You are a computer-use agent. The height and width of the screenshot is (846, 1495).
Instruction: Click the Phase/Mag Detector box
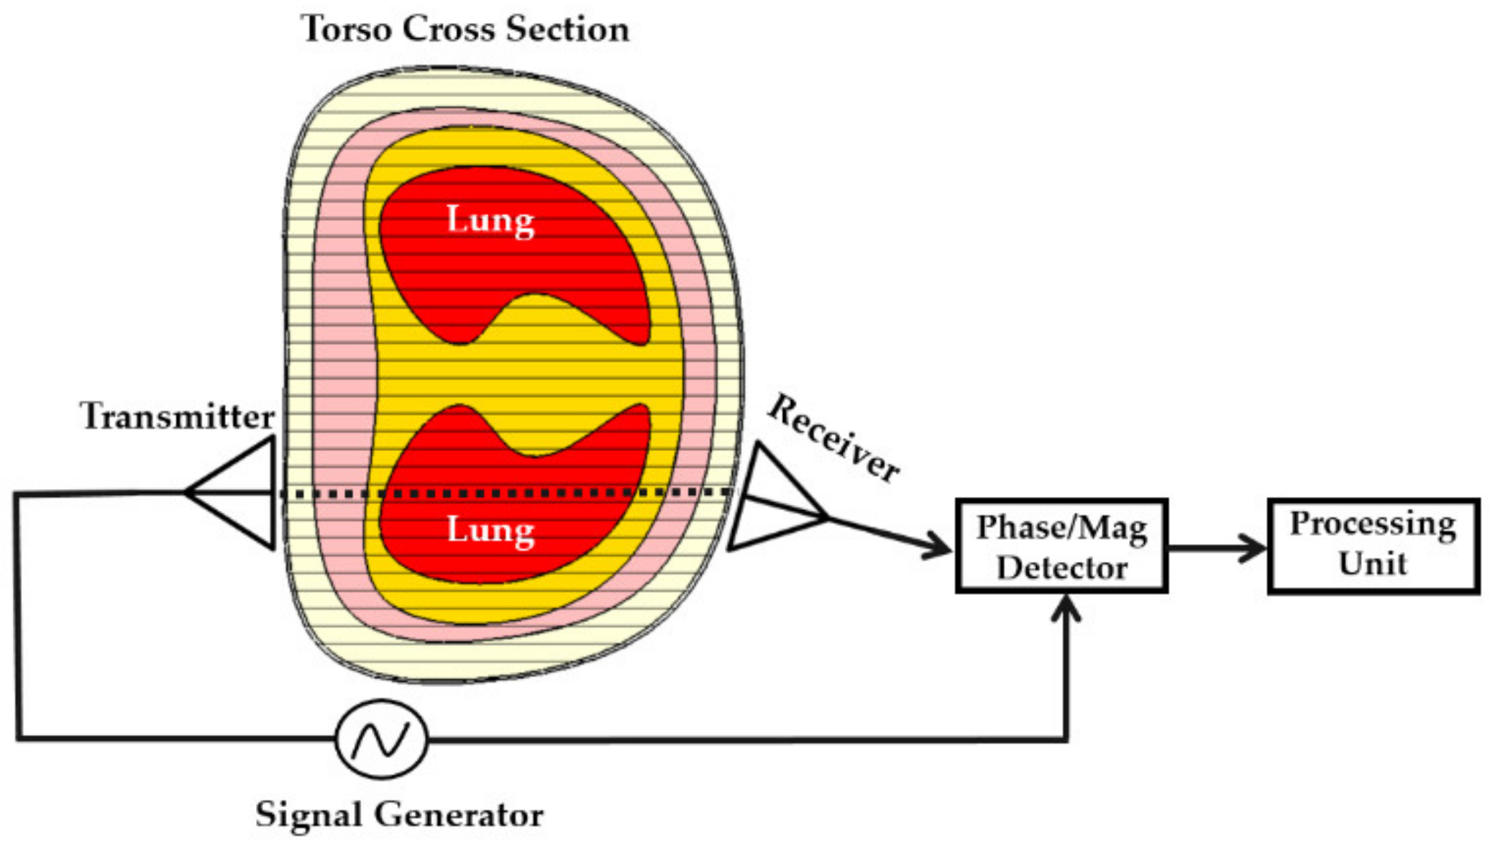coord(1061,546)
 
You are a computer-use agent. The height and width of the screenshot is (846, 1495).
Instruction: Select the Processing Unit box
coord(1372,546)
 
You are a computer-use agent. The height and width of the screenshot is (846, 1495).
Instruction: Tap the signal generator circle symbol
coord(381,739)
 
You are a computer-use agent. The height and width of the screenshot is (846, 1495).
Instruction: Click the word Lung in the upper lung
coord(490,220)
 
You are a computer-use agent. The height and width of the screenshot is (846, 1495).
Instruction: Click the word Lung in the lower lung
coord(490,530)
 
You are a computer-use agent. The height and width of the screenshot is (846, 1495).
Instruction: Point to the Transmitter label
coord(177,417)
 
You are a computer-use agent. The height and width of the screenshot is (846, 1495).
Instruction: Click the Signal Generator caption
coord(399,815)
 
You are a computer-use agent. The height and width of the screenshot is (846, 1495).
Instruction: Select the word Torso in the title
coord(347,29)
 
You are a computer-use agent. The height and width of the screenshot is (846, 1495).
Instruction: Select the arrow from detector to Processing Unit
coord(1215,548)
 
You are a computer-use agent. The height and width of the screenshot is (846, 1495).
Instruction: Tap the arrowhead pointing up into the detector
coord(1066,608)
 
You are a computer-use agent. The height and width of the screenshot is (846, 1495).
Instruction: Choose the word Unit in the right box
coord(1372,563)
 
